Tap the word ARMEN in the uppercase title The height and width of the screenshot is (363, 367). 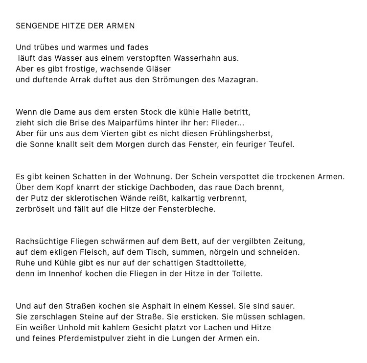click(x=120, y=25)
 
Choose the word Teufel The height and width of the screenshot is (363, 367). click(x=280, y=145)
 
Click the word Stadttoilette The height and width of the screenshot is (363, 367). click(x=216, y=263)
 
